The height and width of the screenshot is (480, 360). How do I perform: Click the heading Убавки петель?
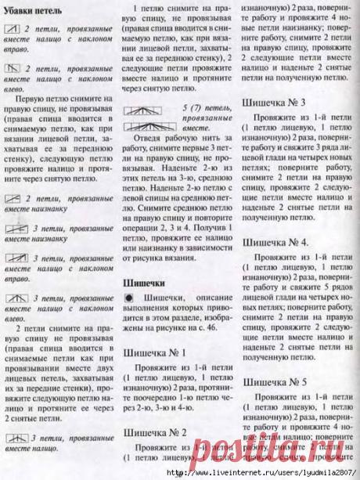(38, 9)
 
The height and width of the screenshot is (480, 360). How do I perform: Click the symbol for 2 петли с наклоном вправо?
(13, 28)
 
